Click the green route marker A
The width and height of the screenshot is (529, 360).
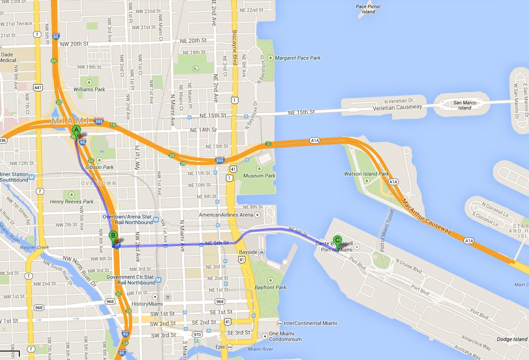click(x=76, y=131)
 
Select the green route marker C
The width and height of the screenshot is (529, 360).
click(x=337, y=240)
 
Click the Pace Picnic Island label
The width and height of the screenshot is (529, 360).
click(x=368, y=9)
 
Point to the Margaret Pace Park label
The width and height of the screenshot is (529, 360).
click(x=298, y=58)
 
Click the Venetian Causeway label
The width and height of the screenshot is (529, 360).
click(x=397, y=107)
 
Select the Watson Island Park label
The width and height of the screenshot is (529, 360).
click(x=367, y=174)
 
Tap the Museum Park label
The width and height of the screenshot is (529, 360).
click(x=259, y=176)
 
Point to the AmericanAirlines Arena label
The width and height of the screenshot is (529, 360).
click(x=226, y=215)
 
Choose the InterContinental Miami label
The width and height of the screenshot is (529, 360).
click(x=310, y=323)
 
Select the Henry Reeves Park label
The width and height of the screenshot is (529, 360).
click(x=72, y=202)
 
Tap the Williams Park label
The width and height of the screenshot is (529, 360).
click(x=89, y=89)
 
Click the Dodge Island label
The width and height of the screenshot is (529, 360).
click(x=512, y=339)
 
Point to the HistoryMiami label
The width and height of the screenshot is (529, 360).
click(x=147, y=304)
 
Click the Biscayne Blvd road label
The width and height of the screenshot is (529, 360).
click(x=235, y=47)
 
